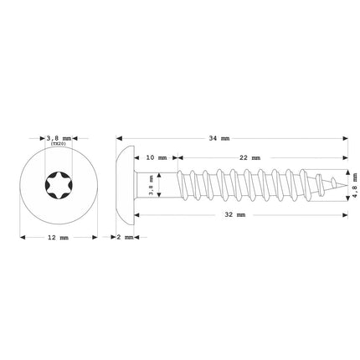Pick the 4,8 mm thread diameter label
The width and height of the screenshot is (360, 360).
click(x=354, y=184)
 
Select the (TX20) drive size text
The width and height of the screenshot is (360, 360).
click(x=58, y=144)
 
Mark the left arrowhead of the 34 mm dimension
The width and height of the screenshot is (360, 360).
click(x=119, y=138)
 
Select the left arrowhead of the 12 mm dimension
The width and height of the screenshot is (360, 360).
click(x=23, y=238)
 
